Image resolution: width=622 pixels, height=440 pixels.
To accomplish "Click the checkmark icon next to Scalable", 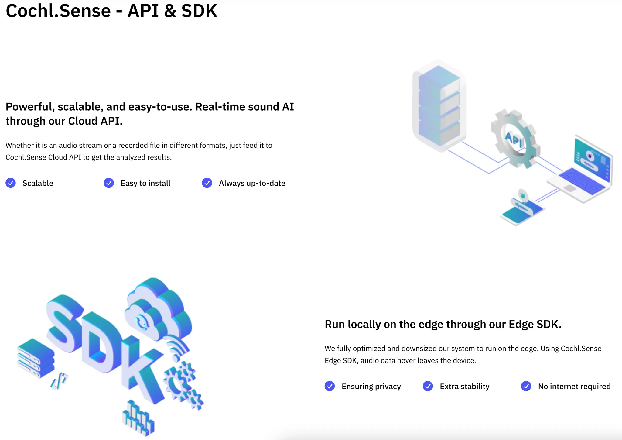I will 11,183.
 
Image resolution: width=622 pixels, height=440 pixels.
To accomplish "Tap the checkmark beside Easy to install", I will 109,183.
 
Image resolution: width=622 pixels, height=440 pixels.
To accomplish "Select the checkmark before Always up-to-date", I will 207,183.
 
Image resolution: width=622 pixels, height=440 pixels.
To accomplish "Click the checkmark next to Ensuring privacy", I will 330,386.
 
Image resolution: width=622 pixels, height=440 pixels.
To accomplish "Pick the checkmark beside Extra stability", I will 428,386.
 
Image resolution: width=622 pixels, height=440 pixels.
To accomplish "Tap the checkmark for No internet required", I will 526,386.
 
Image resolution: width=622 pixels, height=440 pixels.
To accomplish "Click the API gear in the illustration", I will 514,139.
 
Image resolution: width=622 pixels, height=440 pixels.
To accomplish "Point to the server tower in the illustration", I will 439,105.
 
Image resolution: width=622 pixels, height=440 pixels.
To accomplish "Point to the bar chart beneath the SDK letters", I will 138,418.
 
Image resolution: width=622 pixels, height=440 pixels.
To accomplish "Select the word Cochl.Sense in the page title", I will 58,11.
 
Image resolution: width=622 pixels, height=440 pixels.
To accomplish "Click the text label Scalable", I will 38,183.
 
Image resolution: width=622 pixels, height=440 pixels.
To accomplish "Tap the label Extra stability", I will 464,387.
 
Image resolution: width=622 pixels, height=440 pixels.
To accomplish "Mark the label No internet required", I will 574,387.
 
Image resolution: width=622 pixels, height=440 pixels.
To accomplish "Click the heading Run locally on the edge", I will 443,324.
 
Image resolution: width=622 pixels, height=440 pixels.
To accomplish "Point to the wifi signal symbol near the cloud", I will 178,348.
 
